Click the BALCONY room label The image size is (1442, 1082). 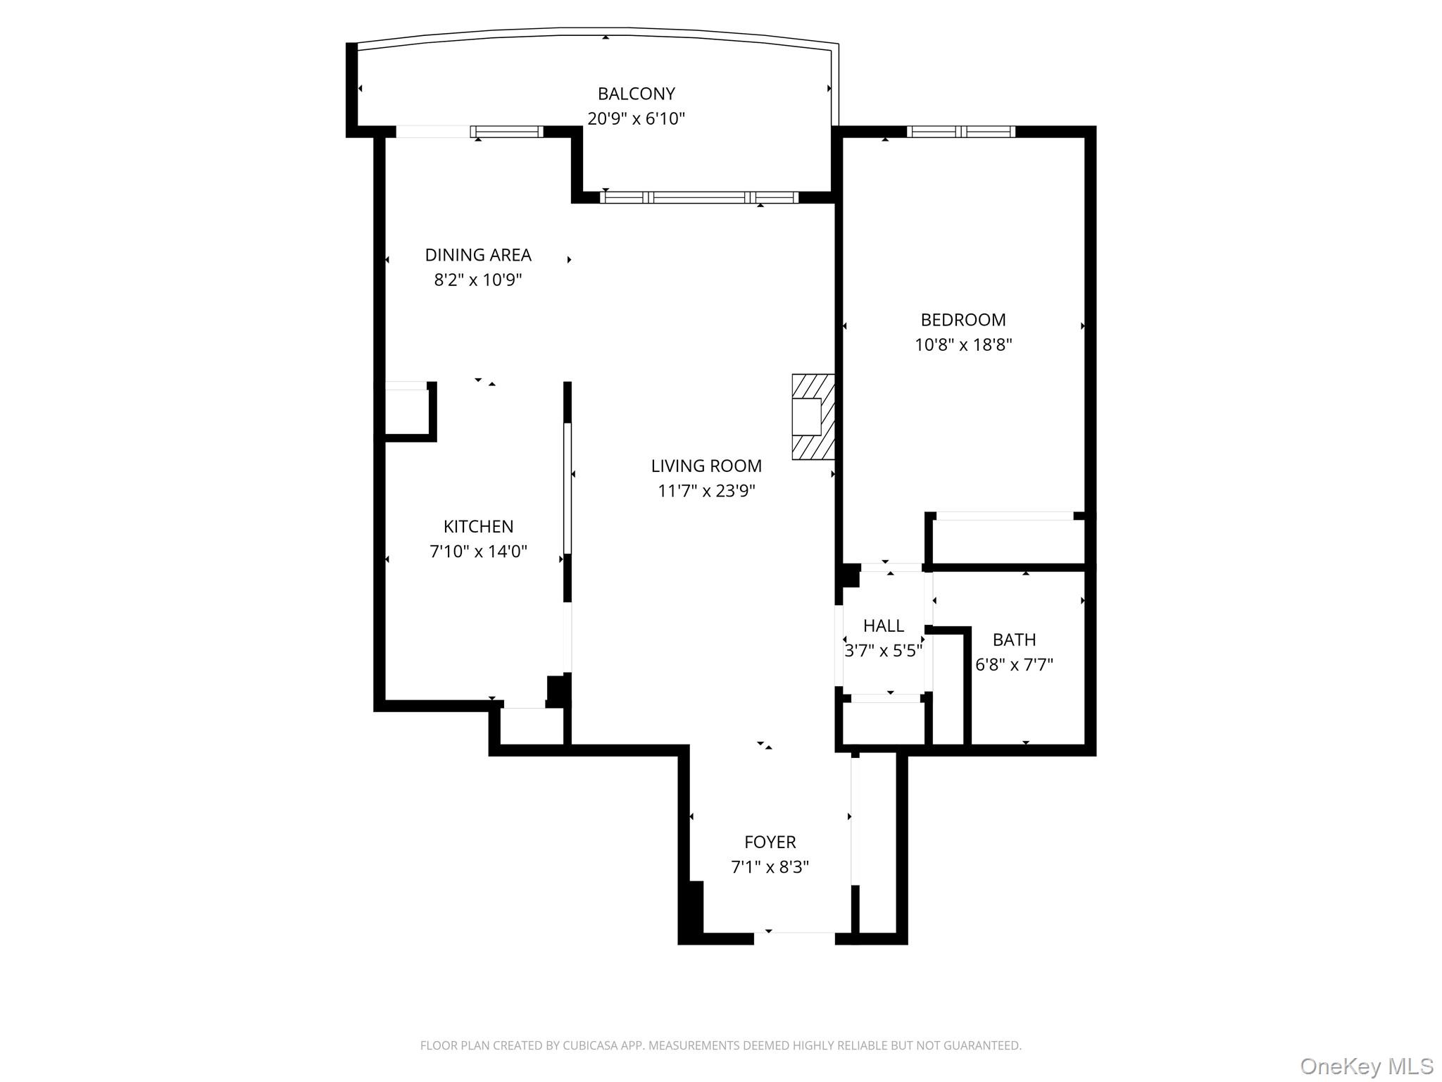coord(636,94)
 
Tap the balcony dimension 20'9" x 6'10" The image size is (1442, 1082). coord(636,118)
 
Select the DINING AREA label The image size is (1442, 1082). coord(478,255)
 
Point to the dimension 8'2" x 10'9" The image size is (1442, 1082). coord(478,280)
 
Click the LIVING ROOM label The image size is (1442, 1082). coord(706,466)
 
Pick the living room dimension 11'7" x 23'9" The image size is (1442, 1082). coord(706,491)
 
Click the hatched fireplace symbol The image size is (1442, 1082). coord(813,417)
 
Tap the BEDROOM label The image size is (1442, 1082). coord(963,320)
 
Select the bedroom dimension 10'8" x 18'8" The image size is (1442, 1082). coord(963,345)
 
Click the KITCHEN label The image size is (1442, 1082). coord(478,526)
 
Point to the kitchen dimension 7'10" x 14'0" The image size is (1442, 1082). coord(478,552)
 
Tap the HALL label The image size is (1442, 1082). coord(884,626)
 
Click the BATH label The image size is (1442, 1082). coord(1014,640)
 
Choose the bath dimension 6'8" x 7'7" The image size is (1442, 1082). coord(1014,665)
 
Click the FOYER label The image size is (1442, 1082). coord(770,842)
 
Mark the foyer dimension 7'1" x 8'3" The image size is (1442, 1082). coord(770,867)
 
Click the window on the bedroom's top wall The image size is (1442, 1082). coord(960,132)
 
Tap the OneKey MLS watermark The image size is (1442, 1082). coord(1366,1066)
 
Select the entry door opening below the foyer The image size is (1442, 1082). coord(794,938)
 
